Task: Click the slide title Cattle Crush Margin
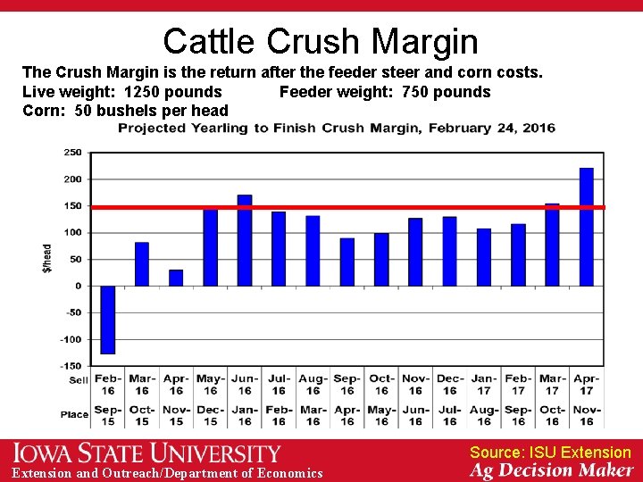(321, 41)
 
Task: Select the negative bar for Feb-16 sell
(108, 320)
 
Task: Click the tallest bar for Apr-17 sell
(587, 227)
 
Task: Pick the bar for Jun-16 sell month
(245, 240)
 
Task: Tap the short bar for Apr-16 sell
(176, 278)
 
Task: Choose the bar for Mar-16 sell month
(142, 264)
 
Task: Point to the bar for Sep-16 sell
(347, 262)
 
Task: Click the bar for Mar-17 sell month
(552, 245)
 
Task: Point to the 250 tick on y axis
(72, 153)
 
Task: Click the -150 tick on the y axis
(71, 366)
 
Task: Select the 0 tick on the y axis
(78, 287)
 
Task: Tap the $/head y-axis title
(48, 259)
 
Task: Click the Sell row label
(79, 380)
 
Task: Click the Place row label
(75, 414)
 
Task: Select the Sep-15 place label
(108, 416)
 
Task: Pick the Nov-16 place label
(587, 416)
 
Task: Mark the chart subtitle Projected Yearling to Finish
(337, 129)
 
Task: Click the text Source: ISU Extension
(550, 453)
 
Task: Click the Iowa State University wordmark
(146, 453)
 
